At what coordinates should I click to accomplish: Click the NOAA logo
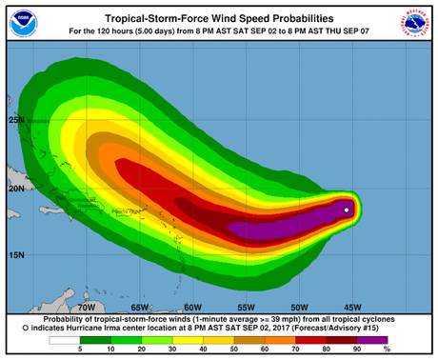(x=22, y=24)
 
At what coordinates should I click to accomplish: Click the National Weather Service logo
(x=416, y=24)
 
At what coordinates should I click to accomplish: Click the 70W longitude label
(x=85, y=308)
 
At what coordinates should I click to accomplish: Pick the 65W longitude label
(x=139, y=308)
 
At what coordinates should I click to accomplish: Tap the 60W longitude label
(x=192, y=308)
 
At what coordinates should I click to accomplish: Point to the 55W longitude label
(x=246, y=308)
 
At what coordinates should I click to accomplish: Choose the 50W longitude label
(x=299, y=308)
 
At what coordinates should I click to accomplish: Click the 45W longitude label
(x=352, y=308)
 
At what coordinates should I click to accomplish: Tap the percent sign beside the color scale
(x=399, y=351)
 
